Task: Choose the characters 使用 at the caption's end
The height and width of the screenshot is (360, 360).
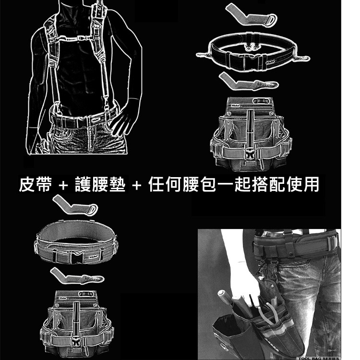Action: click(304, 184)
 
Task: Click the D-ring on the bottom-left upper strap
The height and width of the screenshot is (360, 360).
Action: click(90, 209)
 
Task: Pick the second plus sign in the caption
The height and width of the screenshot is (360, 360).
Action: click(137, 185)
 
